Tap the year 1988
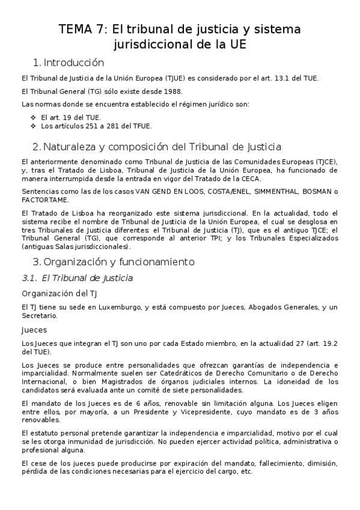click(172, 91)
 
